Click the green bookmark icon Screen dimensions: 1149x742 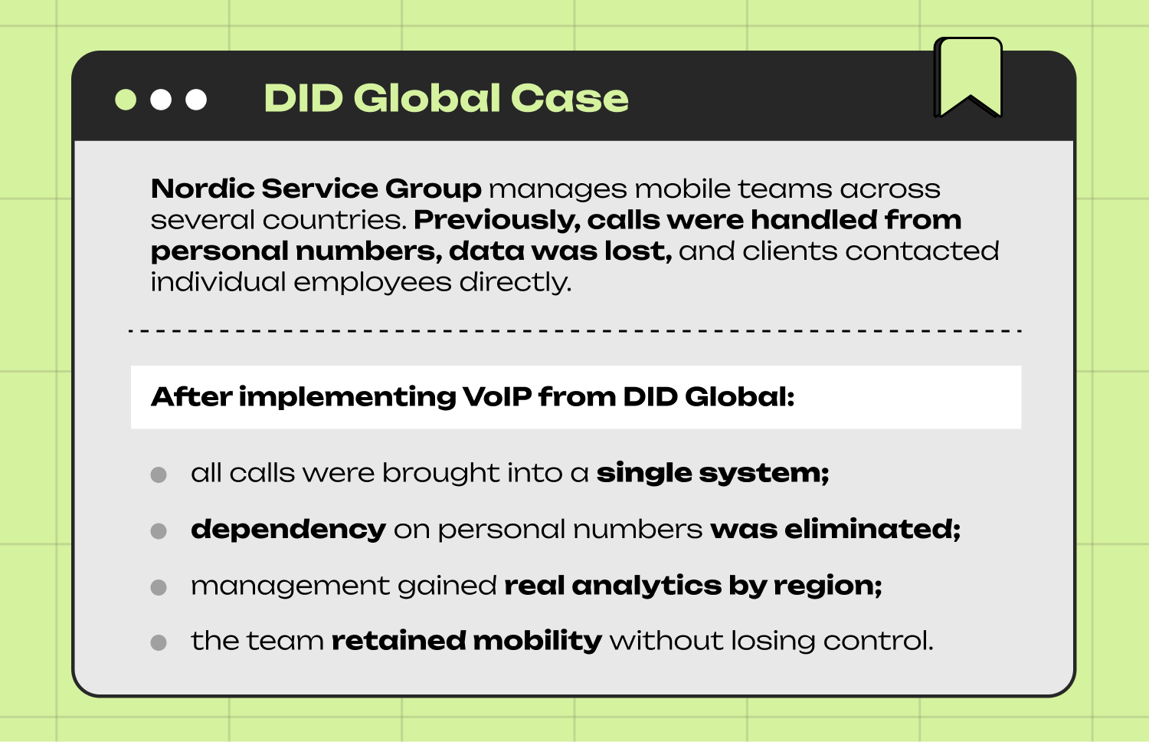[968, 75]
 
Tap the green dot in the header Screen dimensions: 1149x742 [126, 100]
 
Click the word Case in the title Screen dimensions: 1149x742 [569, 98]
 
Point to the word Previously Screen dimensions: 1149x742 [496, 220]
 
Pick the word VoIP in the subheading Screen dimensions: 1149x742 [496, 396]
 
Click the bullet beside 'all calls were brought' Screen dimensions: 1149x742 [159, 474]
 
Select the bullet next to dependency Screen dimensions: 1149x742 [159, 530]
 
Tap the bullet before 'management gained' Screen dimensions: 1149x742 [159, 587]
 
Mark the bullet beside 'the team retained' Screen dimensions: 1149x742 [159, 642]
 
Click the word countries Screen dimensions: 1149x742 [334, 220]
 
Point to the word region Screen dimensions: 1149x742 [827, 586]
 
